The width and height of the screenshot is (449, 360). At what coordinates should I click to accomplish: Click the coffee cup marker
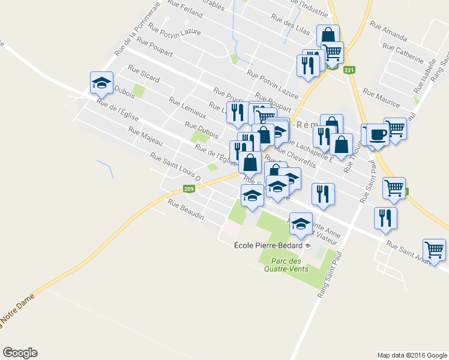tap(378, 134)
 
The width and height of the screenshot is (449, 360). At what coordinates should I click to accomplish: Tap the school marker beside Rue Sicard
tap(101, 82)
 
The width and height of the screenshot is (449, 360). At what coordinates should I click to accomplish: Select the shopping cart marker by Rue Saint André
tap(434, 249)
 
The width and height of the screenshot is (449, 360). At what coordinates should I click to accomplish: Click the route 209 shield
tap(189, 189)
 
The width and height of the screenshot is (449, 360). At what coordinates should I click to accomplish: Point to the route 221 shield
tap(349, 70)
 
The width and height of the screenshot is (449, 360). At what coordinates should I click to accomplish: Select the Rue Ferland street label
tap(185, 12)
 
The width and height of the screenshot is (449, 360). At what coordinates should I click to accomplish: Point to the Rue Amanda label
tap(388, 31)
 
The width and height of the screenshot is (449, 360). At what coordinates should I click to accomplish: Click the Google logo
tap(20, 353)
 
